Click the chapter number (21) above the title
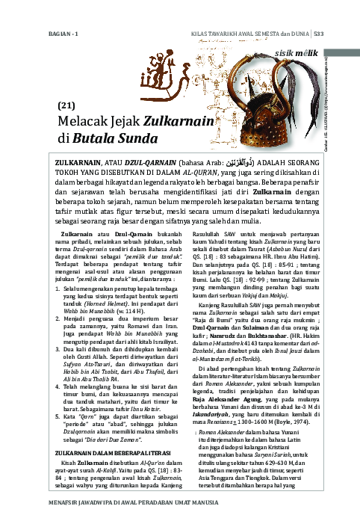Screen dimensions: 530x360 66,106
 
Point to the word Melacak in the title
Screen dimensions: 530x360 84,123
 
